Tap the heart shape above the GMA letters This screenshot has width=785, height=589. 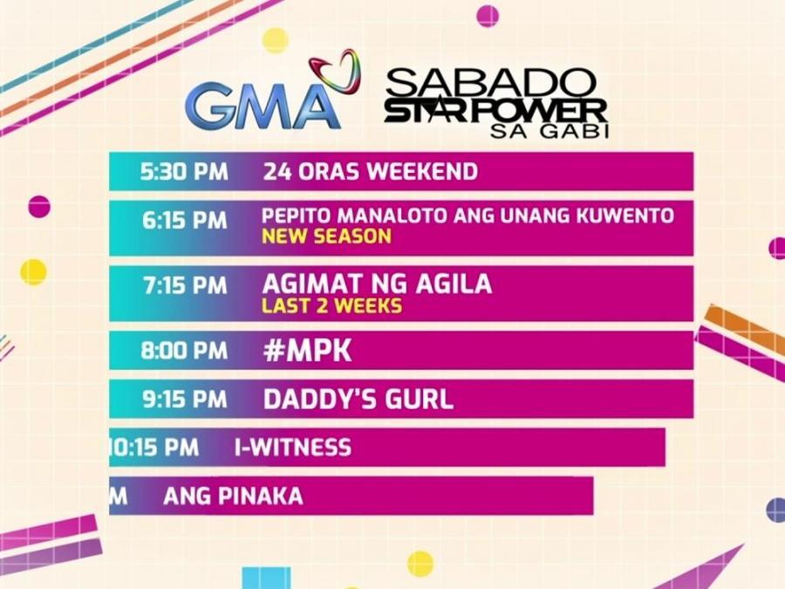pyautogui.click(x=335, y=69)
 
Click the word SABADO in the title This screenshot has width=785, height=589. pyautogui.click(x=492, y=84)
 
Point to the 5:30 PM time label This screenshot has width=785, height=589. pyautogui.click(x=184, y=171)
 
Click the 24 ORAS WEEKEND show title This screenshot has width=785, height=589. pyautogui.click(x=370, y=171)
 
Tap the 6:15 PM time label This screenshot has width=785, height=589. pyautogui.click(x=185, y=221)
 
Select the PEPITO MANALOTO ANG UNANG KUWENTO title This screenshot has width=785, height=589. pyautogui.click(x=468, y=215)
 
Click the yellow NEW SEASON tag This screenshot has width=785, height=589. pyautogui.click(x=326, y=236)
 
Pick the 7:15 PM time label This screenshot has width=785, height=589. pyautogui.click(x=185, y=285)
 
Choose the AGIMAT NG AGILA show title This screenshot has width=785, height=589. pyautogui.click(x=377, y=284)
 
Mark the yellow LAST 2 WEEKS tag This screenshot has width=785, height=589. pyautogui.click(x=331, y=306)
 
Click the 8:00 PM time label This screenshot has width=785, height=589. pyautogui.click(x=184, y=351)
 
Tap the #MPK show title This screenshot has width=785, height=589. pyautogui.click(x=296, y=351)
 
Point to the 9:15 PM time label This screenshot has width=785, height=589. pyautogui.click(x=185, y=400)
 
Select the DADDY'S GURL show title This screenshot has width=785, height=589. pyautogui.click(x=358, y=400)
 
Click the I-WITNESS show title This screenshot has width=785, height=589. pyautogui.click(x=292, y=449)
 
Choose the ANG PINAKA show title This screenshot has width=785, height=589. pyautogui.click(x=233, y=497)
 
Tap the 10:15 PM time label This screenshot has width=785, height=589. pyautogui.click(x=154, y=449)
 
